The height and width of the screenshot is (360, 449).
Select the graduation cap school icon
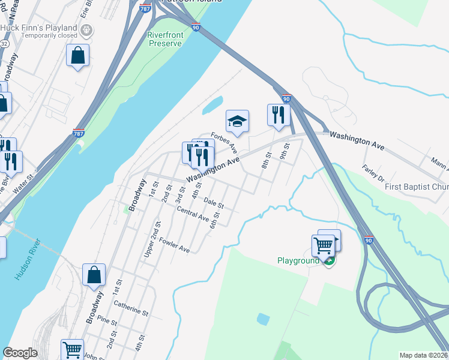[238, 121]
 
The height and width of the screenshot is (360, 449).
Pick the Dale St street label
[214, 203]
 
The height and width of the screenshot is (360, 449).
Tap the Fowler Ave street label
[174, 245]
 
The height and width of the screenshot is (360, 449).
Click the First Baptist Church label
[417, 187]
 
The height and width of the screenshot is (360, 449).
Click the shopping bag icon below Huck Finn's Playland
[77, 56]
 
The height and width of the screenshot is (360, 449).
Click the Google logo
[20, 352]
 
